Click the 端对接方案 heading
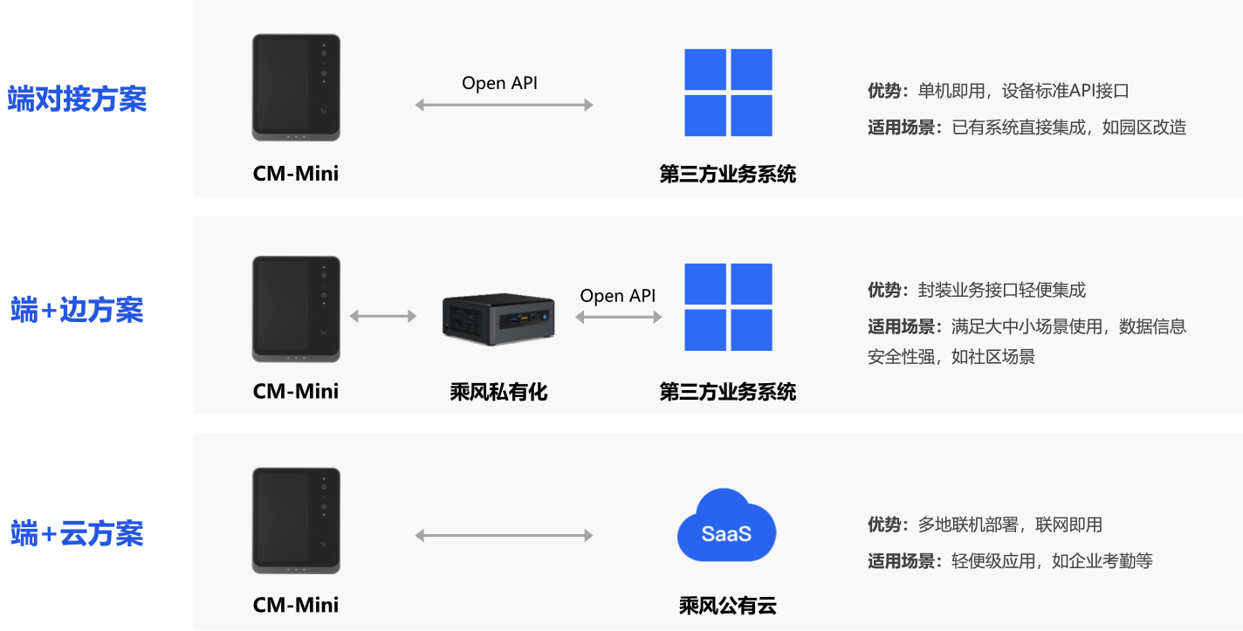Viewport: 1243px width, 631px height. coord(77,99)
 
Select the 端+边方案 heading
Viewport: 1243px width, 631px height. coord(77,310)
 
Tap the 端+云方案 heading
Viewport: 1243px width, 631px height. coord(77,533)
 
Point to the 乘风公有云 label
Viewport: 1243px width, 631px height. coord(727,605)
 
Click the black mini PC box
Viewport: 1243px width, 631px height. coord(498,316)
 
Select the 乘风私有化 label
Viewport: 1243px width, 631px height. coord(498,392)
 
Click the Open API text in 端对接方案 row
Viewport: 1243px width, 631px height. coord(499,83)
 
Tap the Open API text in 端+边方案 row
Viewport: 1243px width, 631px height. coord(617,296)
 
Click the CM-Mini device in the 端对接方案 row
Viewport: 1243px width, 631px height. coord(296,87)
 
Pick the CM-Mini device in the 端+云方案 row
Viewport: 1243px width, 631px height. coord(296,521)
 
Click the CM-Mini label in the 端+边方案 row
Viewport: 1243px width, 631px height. coord(296,391)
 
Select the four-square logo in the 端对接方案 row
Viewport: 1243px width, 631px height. coord(728,93)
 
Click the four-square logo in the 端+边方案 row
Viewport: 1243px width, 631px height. coord(728,307)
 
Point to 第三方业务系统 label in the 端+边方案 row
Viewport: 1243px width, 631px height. coord(728,392)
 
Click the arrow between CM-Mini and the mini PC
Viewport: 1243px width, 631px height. coord(382,316)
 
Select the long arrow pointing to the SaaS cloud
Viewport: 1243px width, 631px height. coord(504,535)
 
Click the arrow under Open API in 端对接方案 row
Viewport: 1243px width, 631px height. coord(504,105)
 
